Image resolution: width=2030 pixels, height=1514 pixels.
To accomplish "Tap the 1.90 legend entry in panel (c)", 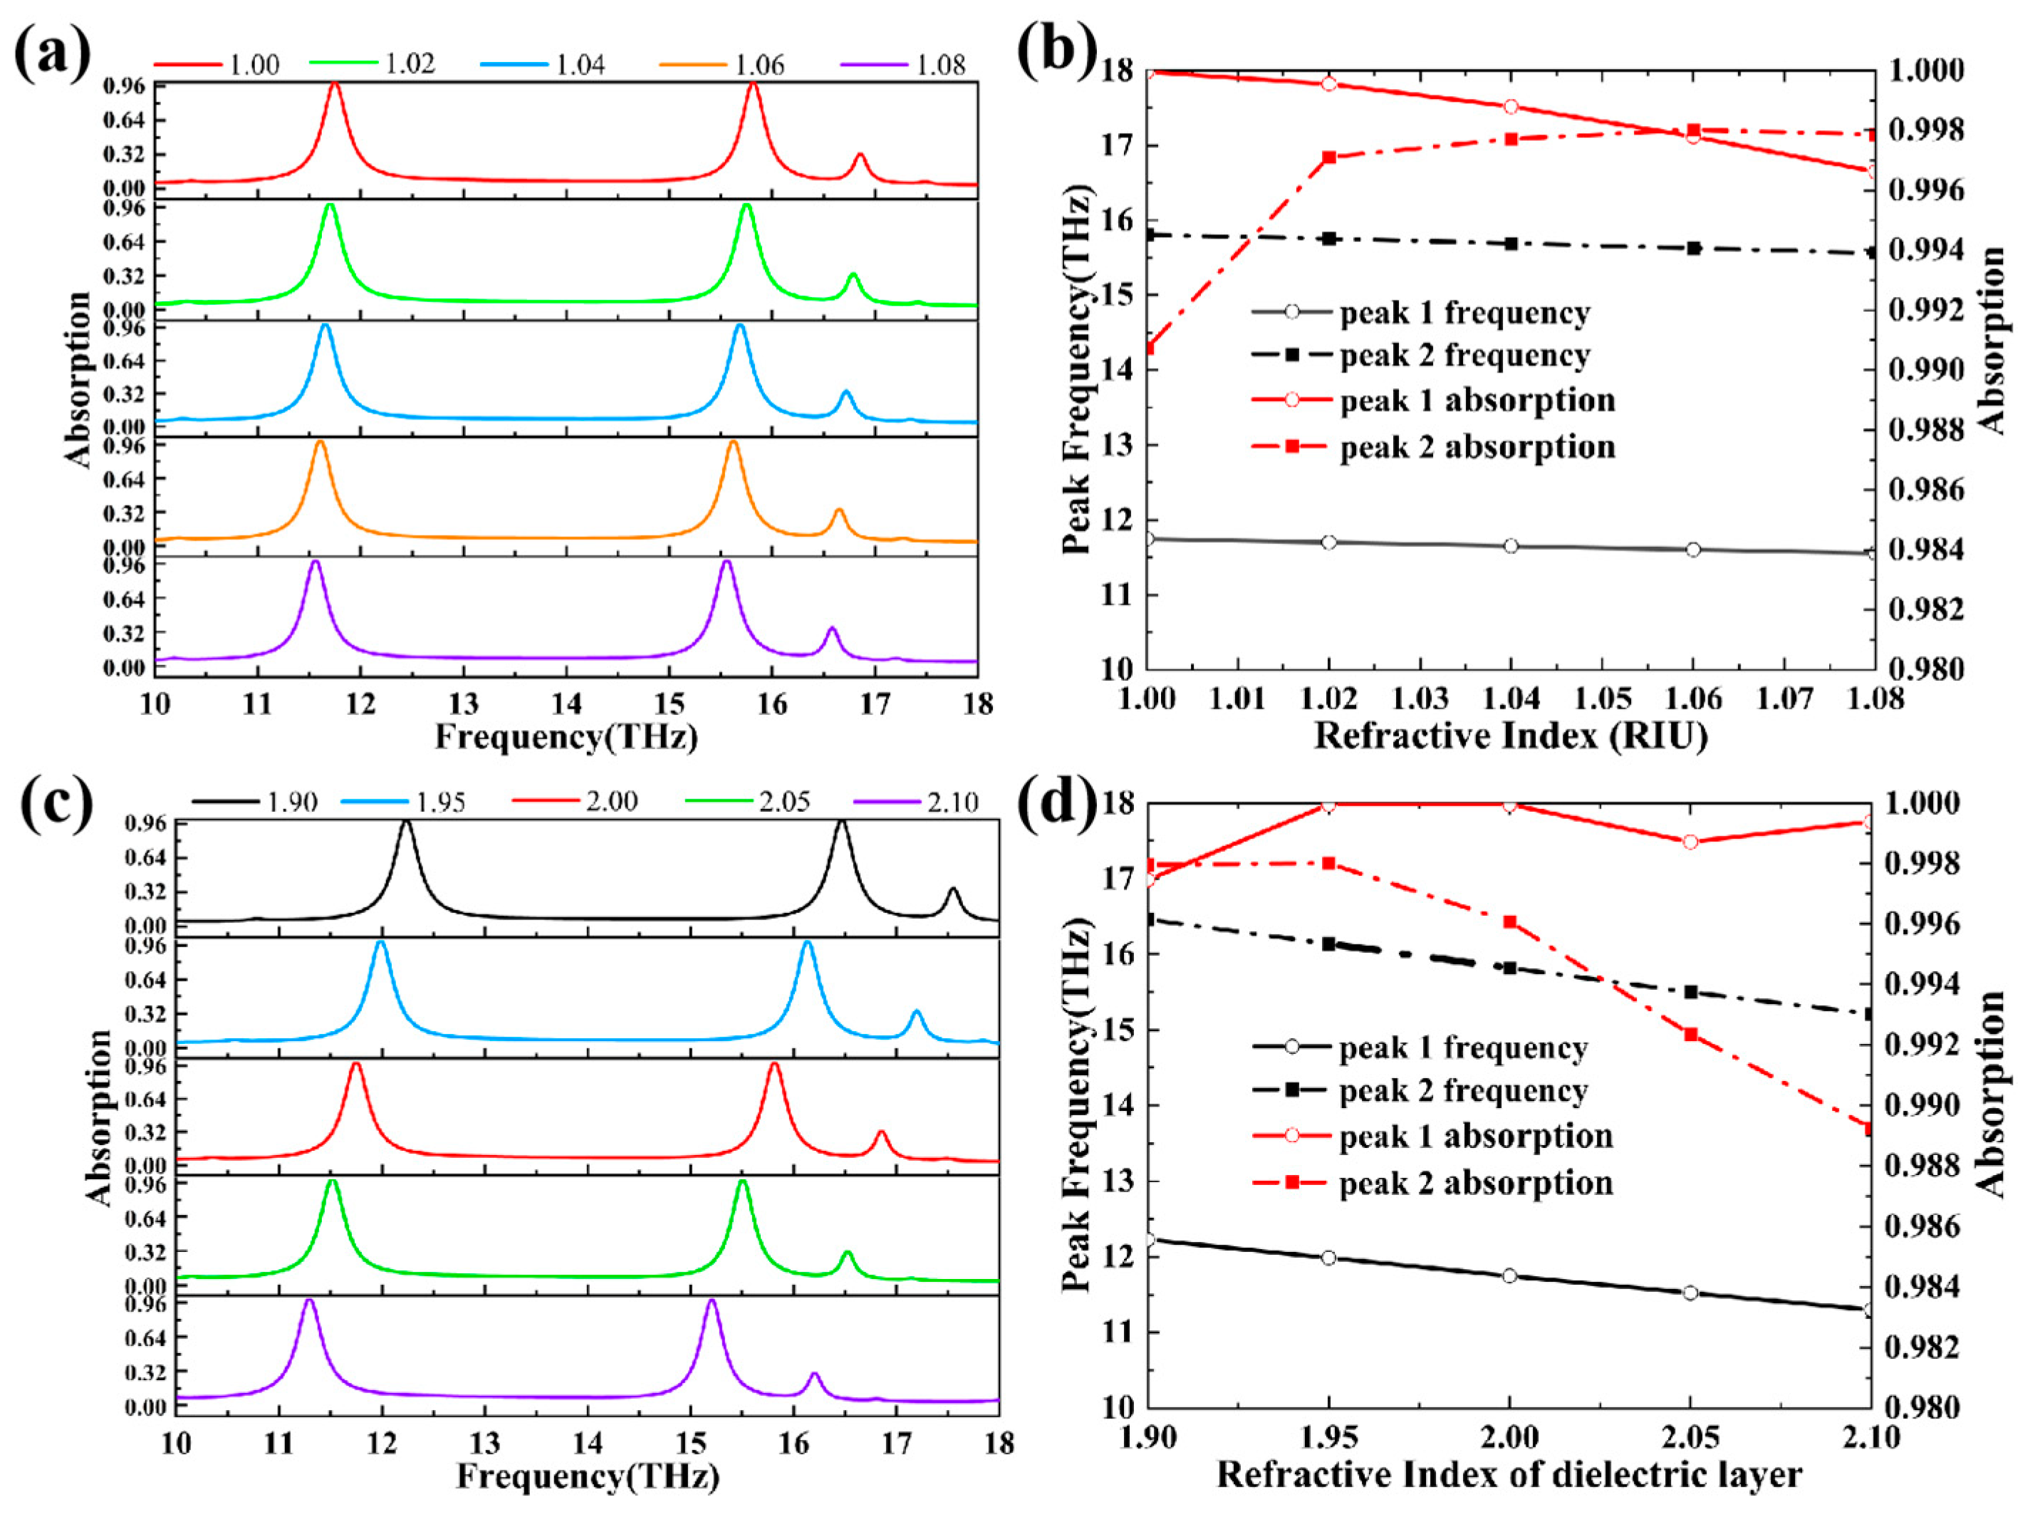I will [x=291, y=802].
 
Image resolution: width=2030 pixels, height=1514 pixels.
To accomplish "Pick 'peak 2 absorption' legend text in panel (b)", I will [x=1477, y=447].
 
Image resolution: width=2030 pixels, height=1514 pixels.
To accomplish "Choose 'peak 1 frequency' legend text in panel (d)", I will [x=1463, y=1047].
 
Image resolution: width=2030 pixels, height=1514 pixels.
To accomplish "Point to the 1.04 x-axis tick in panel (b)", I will [x=1510, y=699].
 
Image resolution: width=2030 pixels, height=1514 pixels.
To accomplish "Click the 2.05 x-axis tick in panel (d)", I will [x=1690, y=1436].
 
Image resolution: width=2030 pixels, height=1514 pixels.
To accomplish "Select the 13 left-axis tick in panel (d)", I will [x=1113, y=1181].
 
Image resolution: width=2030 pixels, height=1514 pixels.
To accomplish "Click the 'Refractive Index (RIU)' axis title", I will [x=1510, y=736].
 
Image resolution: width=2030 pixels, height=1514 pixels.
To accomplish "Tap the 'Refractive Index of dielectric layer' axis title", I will [x=1509, y=1475].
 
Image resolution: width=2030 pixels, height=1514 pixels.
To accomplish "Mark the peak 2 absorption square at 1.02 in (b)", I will [x=1329, y=157].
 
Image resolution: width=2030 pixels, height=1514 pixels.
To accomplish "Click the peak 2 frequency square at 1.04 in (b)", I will [x=1510, y=244].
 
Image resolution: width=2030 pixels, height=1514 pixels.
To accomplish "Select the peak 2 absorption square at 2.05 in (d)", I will [x=1691, y=1035].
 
